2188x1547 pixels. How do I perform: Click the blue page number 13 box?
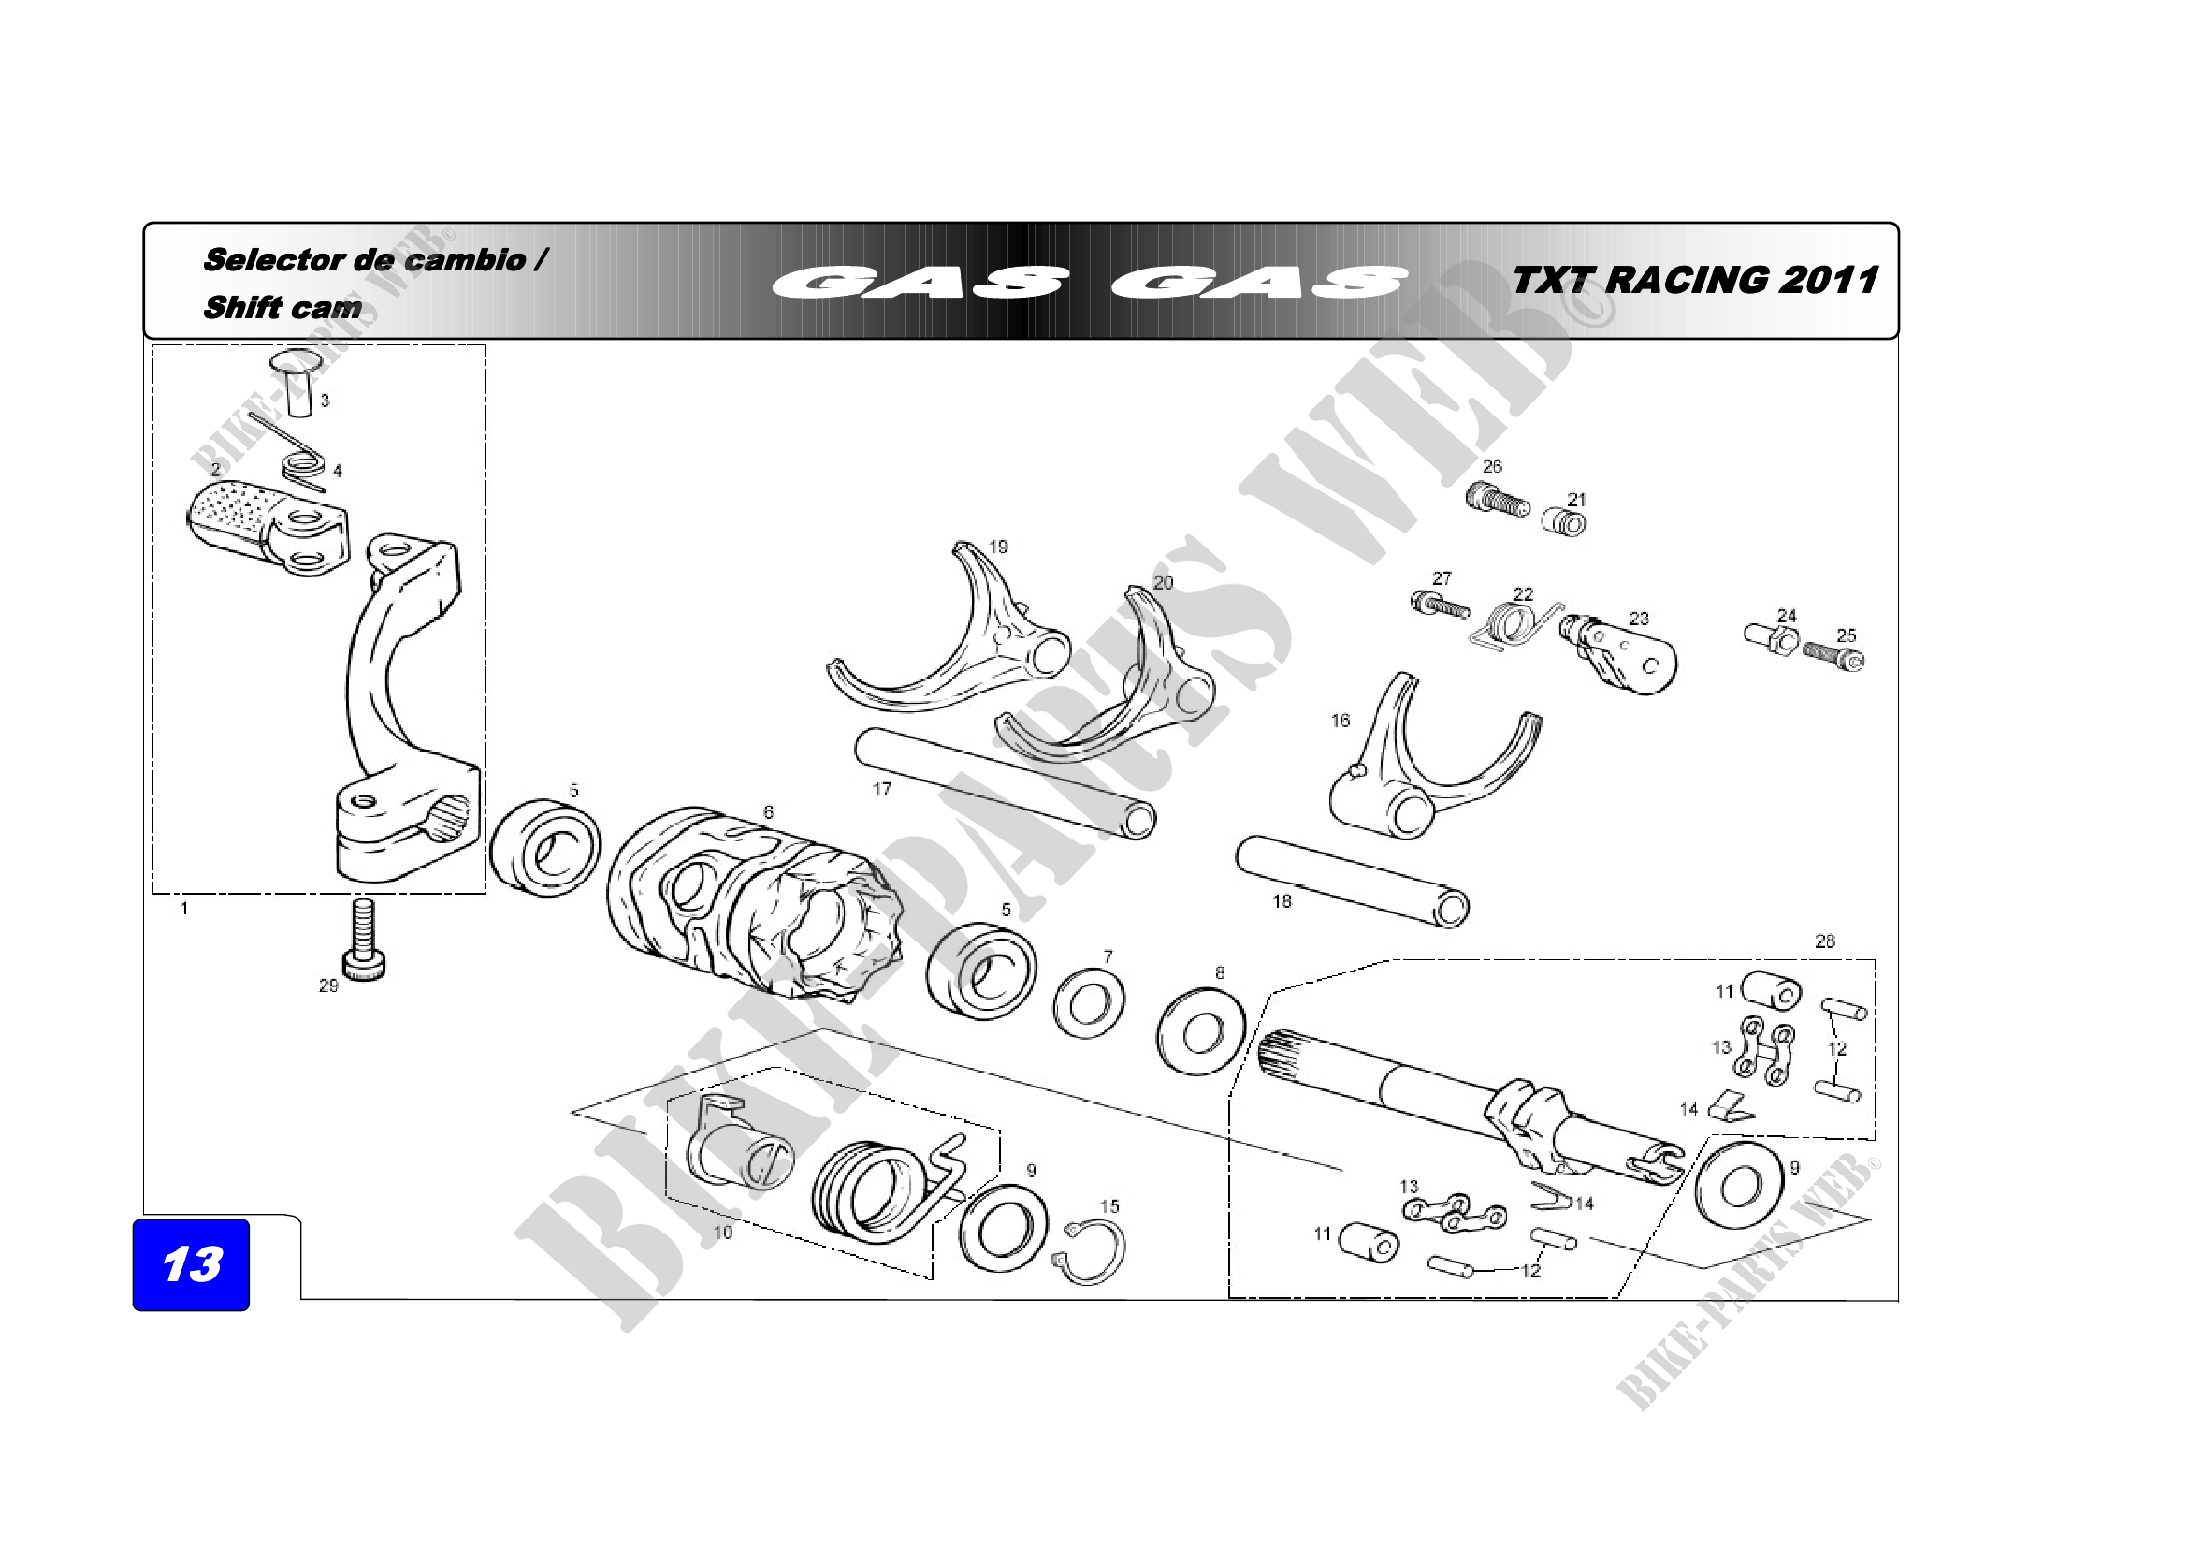191,1264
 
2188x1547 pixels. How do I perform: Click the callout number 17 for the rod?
881,788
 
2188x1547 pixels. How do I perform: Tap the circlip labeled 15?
1092,1250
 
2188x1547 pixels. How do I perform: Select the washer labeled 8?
1201,1032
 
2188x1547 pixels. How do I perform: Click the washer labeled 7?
1088,1002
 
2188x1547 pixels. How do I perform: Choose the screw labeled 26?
1496,500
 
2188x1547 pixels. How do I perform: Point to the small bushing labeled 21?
1565,522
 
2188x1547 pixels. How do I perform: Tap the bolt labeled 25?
1833,656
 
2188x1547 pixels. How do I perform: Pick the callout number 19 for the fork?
998,547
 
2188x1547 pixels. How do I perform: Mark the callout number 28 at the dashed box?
1824,941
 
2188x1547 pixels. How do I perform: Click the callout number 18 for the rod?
1282,900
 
